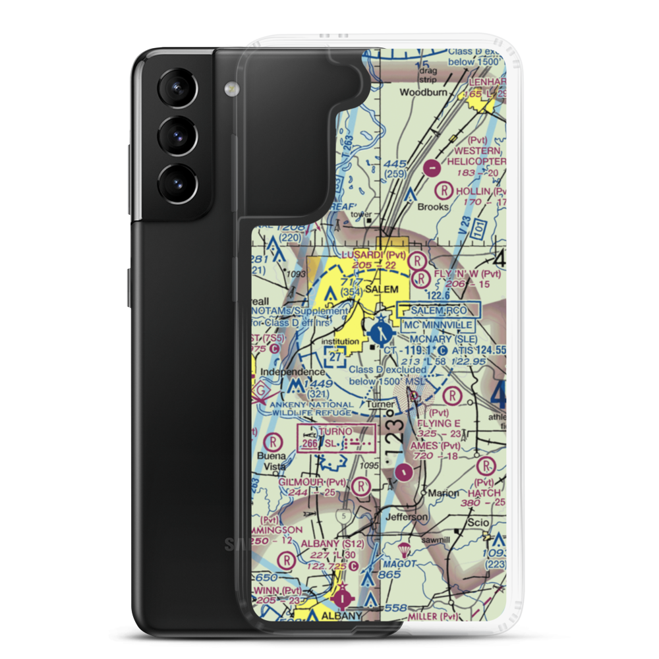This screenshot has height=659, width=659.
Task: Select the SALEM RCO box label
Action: tap(440, 309)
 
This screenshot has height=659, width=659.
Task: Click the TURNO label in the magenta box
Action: tap(336, 431)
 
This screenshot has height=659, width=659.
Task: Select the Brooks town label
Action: tap(433, 206)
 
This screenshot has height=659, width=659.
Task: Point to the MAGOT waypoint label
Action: tap(401, 565)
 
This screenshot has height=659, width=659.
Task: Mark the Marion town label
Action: tap(443, 492)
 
